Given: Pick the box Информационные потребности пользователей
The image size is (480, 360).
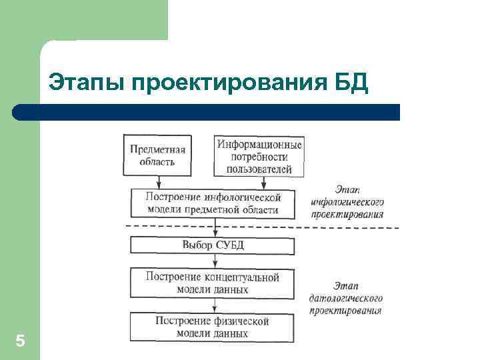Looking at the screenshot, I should (x=259, y=156).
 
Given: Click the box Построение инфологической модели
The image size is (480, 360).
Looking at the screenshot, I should (x=213, y=203).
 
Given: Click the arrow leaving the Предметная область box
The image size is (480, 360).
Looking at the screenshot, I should (x=158, y=181).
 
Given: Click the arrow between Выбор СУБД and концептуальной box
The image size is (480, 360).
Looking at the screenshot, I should (x=214, y=261).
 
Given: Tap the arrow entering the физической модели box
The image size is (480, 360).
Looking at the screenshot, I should (x=214, y=306).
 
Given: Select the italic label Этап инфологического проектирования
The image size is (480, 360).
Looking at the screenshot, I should (x=347, y=202).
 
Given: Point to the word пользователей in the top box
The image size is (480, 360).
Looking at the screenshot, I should (x=259, y=169).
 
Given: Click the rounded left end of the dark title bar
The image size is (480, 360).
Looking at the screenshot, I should (x=19, y=112).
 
